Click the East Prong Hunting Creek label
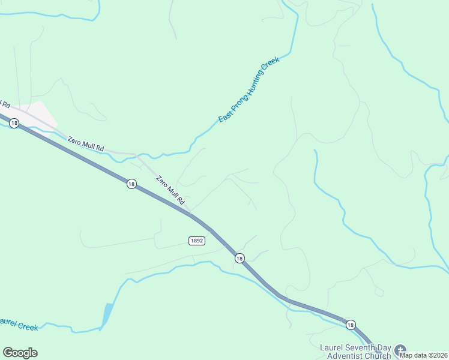coord(249,91)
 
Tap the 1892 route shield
coord(197,240)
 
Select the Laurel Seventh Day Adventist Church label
coord(355,352)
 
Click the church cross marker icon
coord(400,350)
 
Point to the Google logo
coord(20,352)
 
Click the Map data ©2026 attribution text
coord(423,355)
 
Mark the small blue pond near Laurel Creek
coord(107,315)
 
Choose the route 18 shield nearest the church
coord(350,325)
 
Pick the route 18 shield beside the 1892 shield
coord(240,258)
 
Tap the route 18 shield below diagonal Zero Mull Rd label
coord(131,184)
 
